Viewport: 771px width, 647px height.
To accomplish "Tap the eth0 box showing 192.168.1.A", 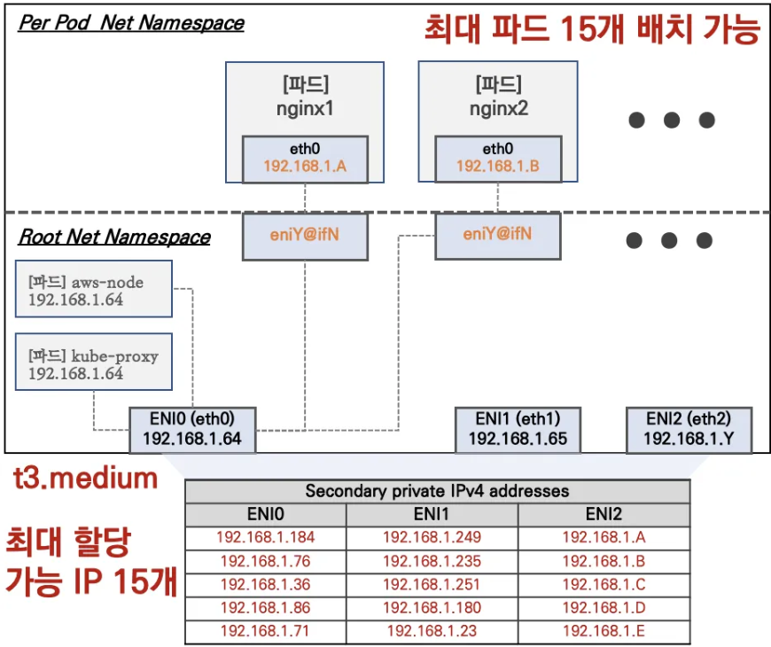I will click(x=305, y=159).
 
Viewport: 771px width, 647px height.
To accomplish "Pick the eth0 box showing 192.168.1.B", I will click(x=497, y=159).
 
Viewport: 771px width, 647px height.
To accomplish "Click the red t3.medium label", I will click(x=85, y=479).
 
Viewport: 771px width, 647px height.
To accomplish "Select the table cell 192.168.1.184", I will click(x=267, y=537).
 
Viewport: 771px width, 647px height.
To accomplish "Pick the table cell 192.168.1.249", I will click(x=432, y=537).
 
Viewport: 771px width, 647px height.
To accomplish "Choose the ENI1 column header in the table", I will click(x=432, y=514).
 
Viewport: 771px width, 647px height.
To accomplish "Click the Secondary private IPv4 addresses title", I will click(x=437, y=491).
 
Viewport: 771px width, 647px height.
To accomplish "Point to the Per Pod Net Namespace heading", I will click(x=131, y=23).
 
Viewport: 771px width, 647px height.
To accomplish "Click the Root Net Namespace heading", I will click(x=114, y=237).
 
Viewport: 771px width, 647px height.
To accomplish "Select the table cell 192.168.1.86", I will click(x=267, y=609).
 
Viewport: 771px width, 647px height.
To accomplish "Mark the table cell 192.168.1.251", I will click(x=432, y=585).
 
